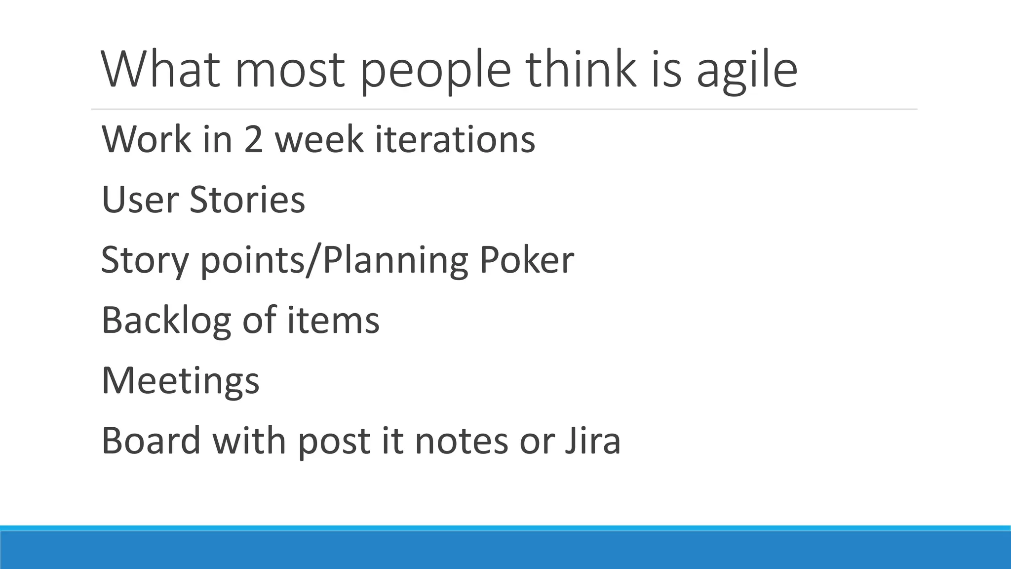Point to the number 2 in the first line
click(x=253, y=139)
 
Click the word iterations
click(x=455, y=139)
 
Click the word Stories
click(x=247, y=200)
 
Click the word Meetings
click(x=180, y=381)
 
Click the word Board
click(x=151, y=441)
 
